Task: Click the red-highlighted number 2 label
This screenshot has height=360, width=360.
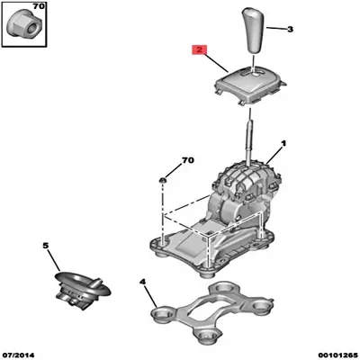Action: click(199, 50)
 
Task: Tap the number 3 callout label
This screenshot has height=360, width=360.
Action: click(290, 30)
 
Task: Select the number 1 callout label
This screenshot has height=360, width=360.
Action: click(283, 144)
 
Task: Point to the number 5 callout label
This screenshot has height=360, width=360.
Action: click(45, 246)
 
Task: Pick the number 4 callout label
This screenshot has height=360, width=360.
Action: click(143, 282)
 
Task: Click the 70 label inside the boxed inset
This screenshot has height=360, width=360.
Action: click(38, 6)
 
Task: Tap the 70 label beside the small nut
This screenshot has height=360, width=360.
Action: click(188, 160)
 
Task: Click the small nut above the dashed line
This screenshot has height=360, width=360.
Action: click(163, 180)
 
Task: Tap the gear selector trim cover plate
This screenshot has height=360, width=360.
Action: click(249, 85)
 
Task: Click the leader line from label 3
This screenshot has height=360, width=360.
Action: click(275, 29)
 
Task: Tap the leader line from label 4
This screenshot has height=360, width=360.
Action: click(151, 296)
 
